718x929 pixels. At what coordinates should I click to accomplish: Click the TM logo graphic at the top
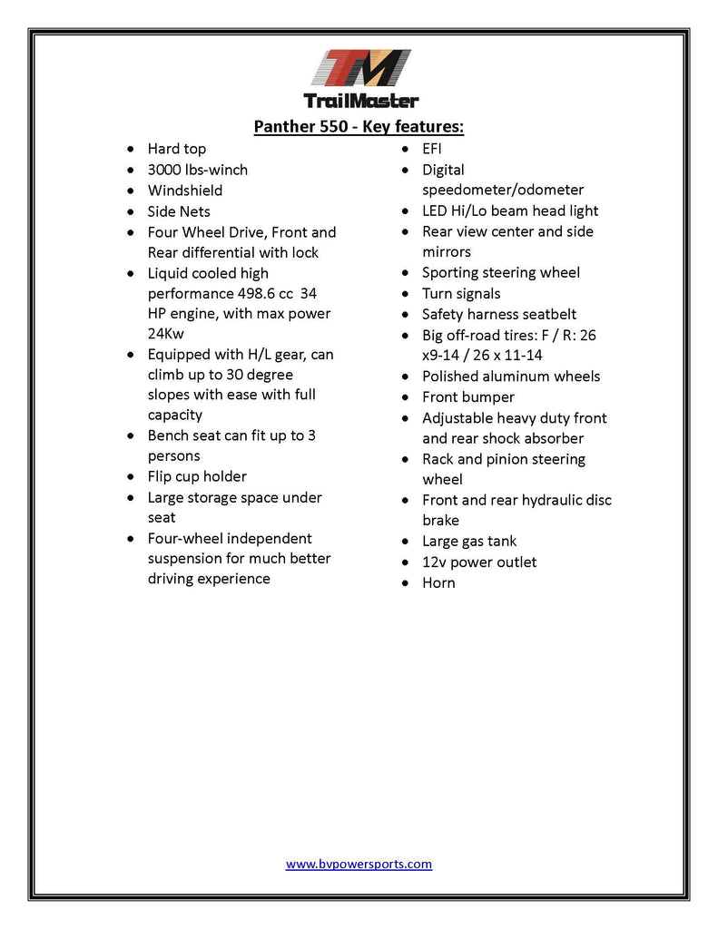click(360, 69)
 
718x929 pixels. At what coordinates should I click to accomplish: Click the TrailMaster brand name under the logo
click(359, 101)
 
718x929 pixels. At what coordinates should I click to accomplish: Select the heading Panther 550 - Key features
click(359, 126)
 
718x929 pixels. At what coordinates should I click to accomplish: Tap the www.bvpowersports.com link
click(359, 864)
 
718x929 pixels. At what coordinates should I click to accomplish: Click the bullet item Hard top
click(177, 149)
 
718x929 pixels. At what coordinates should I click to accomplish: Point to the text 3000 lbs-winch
click(198, 170)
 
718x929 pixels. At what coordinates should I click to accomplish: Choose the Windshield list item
click(185, 191)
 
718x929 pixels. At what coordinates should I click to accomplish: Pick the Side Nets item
click(179, 211)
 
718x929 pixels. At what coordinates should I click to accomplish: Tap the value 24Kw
click(166, 334)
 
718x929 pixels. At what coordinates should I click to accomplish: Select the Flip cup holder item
click(197, 476)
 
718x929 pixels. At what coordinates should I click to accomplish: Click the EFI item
click(432, 149)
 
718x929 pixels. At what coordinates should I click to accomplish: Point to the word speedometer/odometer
click(503, 190)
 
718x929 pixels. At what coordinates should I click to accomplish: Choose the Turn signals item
click(461, 293)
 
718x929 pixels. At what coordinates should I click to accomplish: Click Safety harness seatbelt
click(499, 314)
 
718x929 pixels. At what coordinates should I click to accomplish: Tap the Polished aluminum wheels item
click(511, 376)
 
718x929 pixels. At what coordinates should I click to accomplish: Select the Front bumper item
click(468, 396)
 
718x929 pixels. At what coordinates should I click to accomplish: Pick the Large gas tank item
click(469, 541)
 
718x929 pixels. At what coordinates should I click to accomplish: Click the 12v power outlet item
click(479, 562)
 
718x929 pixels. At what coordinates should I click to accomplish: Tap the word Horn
click(438, 582)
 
